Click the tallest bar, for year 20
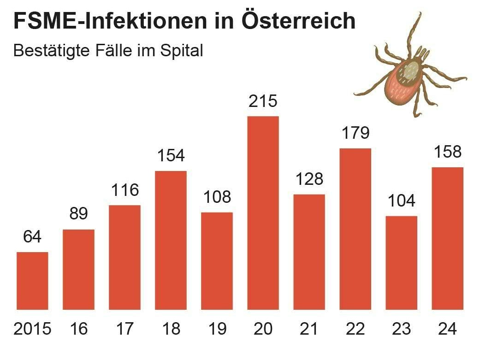263,213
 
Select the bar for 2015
32,281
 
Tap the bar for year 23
401,263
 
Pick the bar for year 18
171,240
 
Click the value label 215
263,101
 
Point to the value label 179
356,133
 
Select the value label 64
32,237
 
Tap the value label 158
447,152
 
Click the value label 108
217,197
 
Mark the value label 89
78,214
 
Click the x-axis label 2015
32,329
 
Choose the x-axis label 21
309,329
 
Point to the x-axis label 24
447,329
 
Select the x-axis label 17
124,329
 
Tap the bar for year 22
356,229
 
